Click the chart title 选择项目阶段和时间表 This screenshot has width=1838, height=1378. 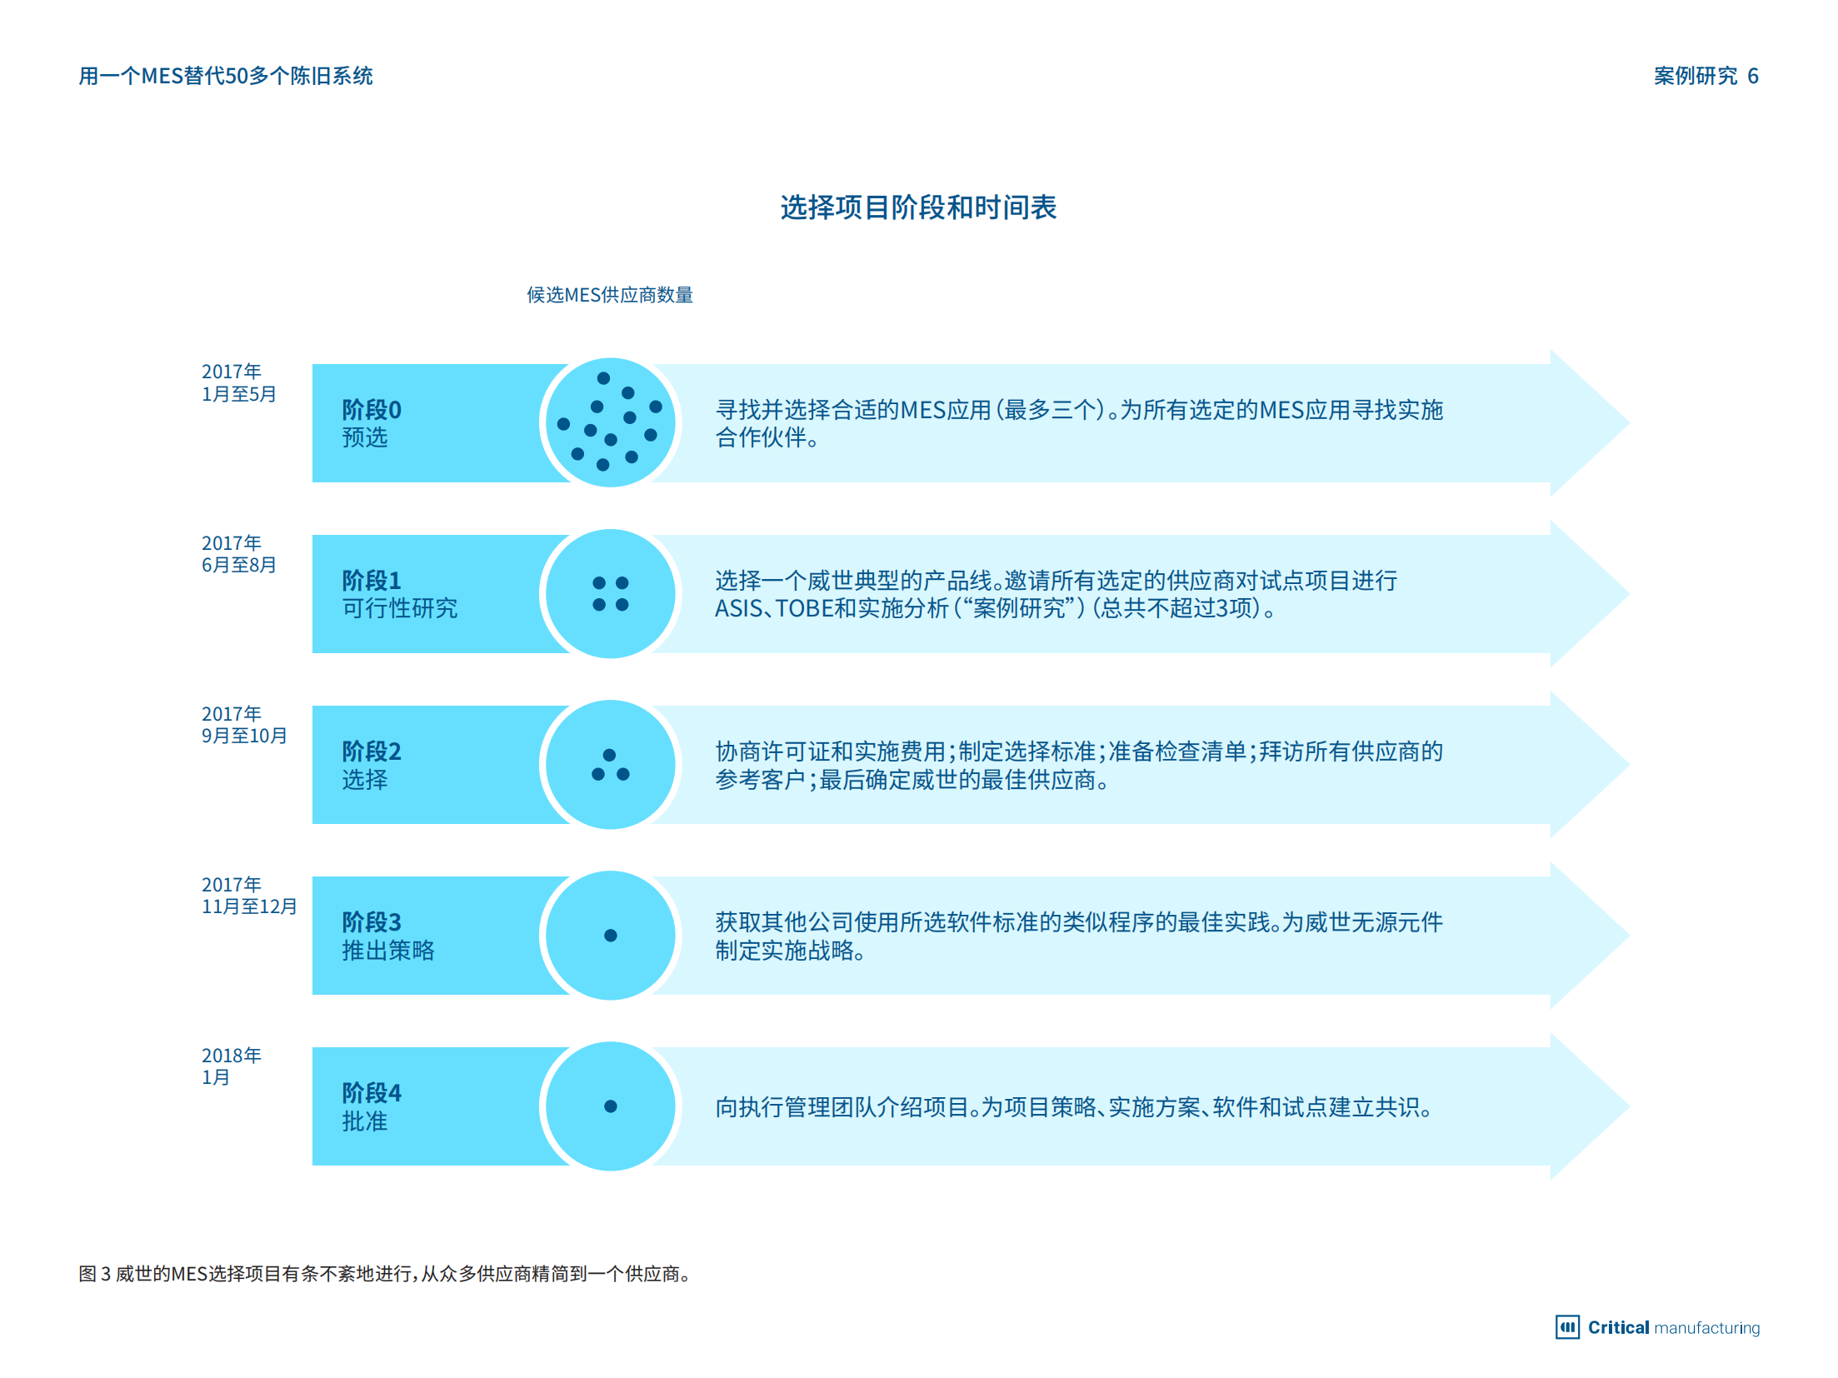918,207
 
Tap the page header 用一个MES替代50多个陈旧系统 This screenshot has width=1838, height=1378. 226,76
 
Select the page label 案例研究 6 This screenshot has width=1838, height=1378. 1706,76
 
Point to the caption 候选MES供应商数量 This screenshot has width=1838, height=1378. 610,295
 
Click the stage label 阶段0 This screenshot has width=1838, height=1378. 372,410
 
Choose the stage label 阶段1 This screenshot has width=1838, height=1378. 372,580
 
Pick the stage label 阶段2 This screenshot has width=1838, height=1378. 372,751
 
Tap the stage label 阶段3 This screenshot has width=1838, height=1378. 372,922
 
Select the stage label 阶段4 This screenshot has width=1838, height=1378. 372,1093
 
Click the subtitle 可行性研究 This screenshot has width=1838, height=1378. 400,608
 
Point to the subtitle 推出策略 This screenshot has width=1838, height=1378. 388,951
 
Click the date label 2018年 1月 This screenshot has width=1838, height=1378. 232,1066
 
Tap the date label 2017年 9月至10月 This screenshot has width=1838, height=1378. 244,725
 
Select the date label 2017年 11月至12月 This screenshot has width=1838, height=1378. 249,896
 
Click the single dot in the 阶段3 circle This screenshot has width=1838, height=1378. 611,936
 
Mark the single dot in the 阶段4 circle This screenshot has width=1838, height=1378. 611,1106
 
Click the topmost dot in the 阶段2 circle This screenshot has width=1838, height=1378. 610,755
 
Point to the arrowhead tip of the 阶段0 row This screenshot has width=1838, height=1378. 1629,423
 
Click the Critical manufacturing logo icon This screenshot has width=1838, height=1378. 1567,1327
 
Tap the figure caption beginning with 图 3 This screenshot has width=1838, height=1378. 385,1274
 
